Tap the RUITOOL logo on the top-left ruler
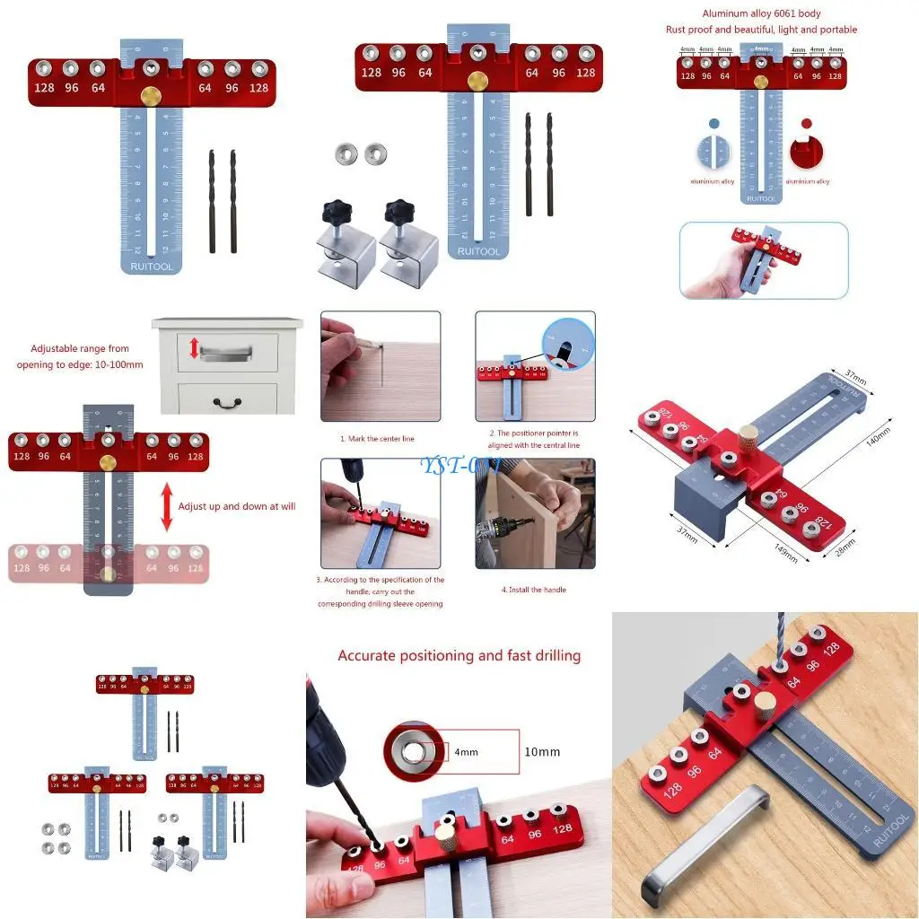pos(151,266)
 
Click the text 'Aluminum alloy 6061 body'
pos(761,13)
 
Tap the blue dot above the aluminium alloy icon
pos(714,124)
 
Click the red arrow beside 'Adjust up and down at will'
pos(166,506)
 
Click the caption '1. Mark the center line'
pos(377,439)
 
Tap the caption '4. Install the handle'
pos(533,590)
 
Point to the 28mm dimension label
pos(845,547)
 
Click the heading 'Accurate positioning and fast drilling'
pos(459,656)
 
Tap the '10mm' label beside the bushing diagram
pos(542,751)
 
